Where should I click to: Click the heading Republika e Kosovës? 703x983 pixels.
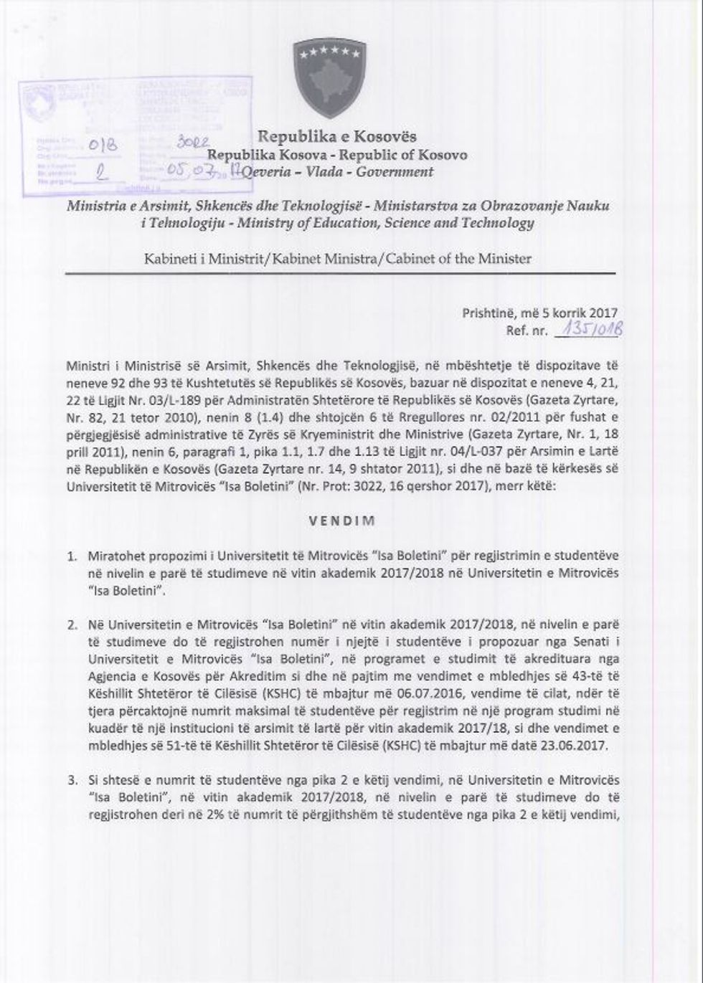tap(337, 136)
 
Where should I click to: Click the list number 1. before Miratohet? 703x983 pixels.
tap(72, 556)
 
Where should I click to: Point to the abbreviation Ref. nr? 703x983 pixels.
tap(527, 331)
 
